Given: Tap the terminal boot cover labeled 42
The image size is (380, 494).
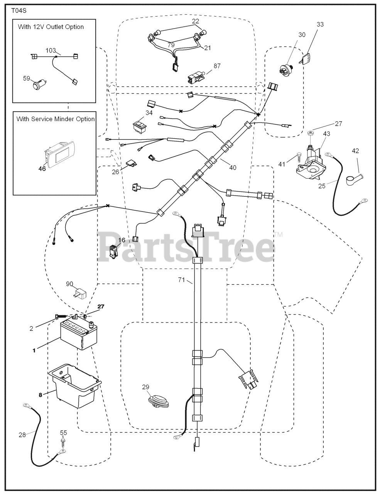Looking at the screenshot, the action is pyautogui.click(x=354, y=179).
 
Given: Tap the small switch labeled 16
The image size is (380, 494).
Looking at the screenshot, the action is pyautogui.click(x=113, y=251).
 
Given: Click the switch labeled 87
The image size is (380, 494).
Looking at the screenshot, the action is pyautogui.click(x=196, y=78).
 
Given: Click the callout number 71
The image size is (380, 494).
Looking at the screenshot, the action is pyautogui.click(x=181, y=280).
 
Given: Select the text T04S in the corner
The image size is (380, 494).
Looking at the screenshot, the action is pyautogui.click(x=19, y=11).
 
